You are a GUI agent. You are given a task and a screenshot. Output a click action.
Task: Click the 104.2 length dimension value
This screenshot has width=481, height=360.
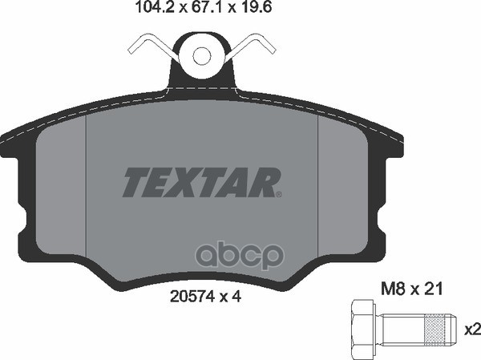point(155,7)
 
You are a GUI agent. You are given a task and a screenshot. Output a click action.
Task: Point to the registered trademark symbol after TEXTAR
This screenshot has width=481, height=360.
point(279,194)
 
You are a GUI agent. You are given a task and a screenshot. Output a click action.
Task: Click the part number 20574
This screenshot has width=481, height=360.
point(192,297)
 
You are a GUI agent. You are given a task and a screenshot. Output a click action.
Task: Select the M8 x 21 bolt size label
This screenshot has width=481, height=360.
point(412,289)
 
